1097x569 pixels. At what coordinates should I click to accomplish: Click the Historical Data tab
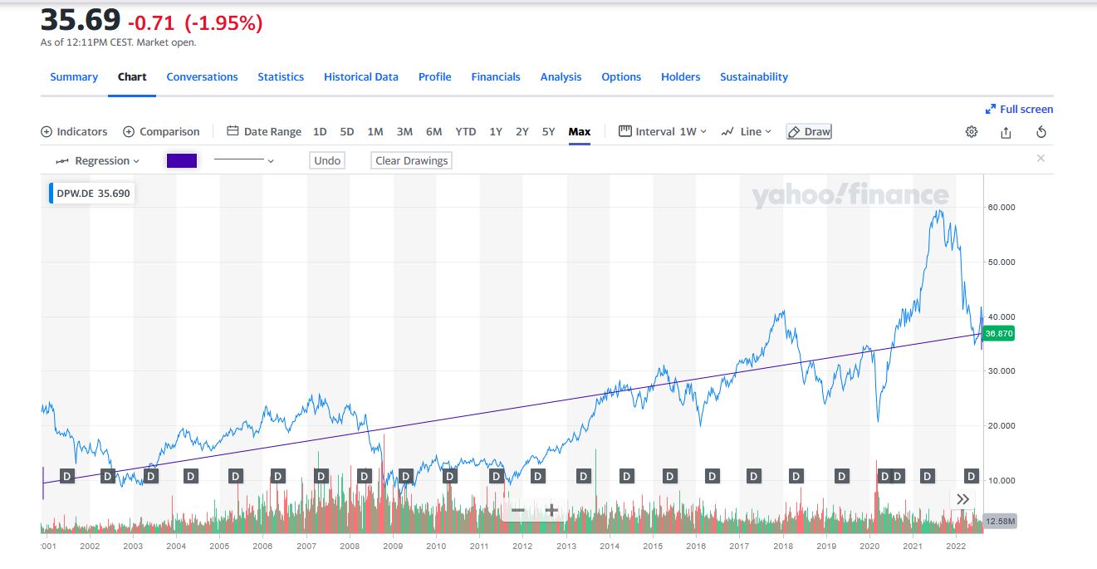pos(360,76)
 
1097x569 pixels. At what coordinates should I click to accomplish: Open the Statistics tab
pos(281,76)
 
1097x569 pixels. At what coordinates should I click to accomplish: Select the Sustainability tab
pos(753,76)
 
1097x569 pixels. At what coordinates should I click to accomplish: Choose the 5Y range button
pos(548,131)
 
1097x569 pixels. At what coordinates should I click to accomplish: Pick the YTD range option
pos(465,131)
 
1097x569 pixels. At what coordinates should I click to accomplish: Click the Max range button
pos(580,131)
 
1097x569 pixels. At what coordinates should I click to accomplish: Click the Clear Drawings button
pos(411,160)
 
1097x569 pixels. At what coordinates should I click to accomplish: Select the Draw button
pos(809,131)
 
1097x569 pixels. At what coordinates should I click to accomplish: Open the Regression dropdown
pos(98,160)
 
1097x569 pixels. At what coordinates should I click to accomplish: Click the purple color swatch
pos(182,160)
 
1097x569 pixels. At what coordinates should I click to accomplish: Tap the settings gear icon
pos(972,132)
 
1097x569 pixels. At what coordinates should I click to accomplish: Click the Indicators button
pos(74,131)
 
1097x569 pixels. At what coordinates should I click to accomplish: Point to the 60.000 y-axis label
pos(1002,207)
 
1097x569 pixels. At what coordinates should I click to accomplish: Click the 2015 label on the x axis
pos(653,546)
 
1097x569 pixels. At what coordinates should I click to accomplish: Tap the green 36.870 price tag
pos(997,333)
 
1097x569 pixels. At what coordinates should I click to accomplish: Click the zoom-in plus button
pos(551,510)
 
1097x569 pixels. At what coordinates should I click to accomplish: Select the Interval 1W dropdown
pos(663,131)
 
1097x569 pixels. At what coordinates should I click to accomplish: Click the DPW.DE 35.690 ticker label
pos(92,194)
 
